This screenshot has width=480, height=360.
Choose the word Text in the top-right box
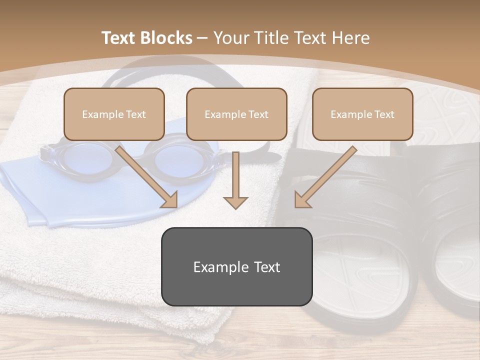[384, 114]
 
